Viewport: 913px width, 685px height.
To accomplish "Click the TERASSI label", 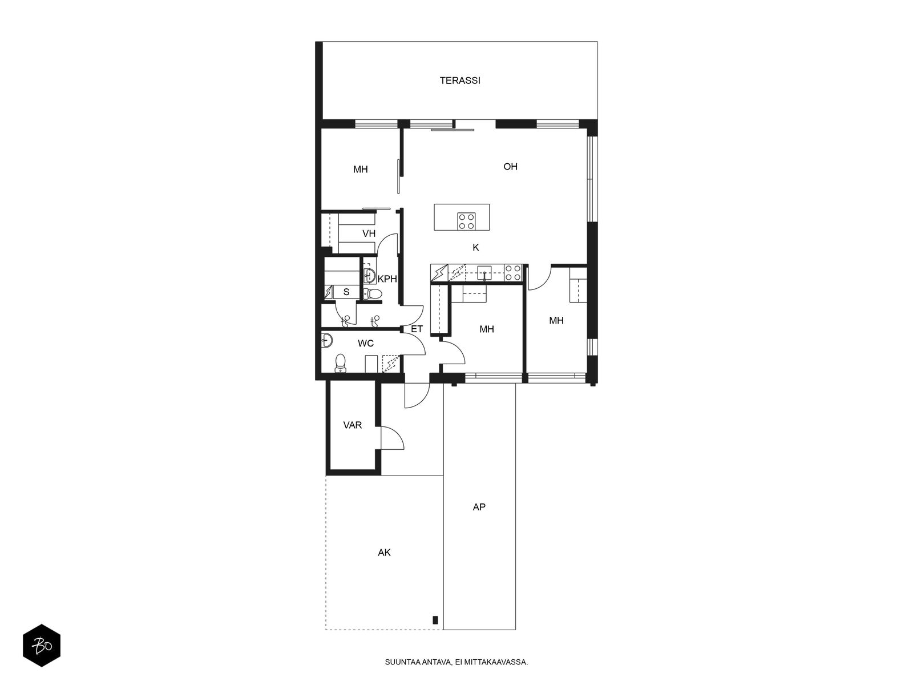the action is click(x=459, y=80).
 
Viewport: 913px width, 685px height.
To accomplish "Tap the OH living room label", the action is click(x=510, y=167).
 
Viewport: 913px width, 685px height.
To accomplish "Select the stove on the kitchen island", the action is click(x=467, y=221).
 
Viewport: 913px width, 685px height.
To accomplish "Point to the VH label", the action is click(x=369, y=233).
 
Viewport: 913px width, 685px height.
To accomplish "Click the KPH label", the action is click(x=387, y=279).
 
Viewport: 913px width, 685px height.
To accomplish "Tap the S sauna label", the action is click(x=346, y=292).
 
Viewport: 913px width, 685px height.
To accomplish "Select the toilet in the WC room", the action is click(x=341, y=363).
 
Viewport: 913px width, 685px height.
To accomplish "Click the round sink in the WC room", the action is click(x=328, y=341).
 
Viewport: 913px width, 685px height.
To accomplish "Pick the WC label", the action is click(x=366, y=344).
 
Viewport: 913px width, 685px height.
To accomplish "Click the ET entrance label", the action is click(x=417, y=329).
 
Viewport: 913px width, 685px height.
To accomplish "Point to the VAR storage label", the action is click(x=352, y=425).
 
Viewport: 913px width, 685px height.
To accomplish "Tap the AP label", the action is click(x=479, y=507).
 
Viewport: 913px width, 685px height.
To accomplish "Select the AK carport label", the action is click(x=384, y=553).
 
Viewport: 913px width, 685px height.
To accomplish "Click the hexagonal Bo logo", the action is click(x=42, y=645).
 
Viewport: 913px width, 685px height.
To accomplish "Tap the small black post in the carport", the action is click(x=435, y=620).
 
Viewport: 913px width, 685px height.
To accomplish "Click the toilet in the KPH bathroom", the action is click(x=372, y=294).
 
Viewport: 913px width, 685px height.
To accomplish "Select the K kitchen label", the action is click(x=476, y=248).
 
